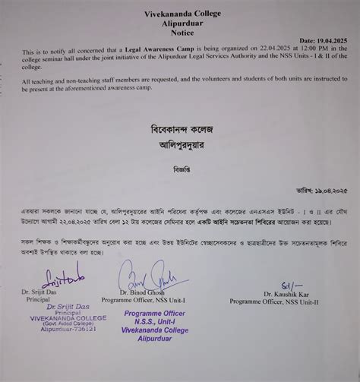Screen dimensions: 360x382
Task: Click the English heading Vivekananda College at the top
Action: pyautogui.click(x=180, y=13)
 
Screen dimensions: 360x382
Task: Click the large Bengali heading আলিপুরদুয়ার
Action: pyautogui.click(x=178, y=144)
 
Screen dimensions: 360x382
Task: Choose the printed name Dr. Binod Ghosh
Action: pyautogui.click(x=149, y=292)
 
